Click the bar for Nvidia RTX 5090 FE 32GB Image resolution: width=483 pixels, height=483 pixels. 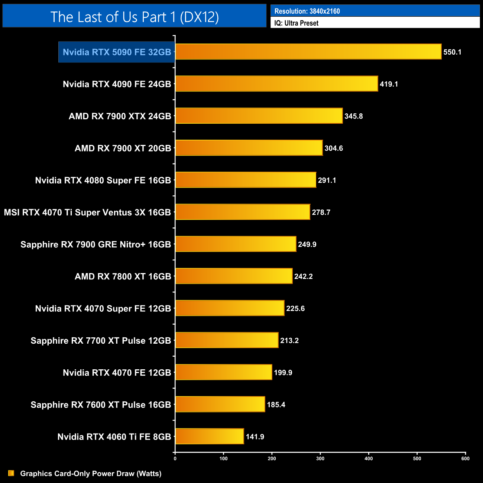pyautogui.click(x=308, y=52)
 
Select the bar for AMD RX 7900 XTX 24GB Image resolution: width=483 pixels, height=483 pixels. pyautogui.click(x=259, y=116)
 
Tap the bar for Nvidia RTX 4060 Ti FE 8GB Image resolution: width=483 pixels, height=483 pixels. pyautogui.click(x=210, y=436)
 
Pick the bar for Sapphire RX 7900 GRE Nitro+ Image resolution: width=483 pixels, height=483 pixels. pyautogui.click(x=236, y=244)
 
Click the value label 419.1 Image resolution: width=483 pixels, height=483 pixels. pyautogui.click(x=389, y=84)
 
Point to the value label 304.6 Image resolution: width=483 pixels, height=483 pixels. pyautogui.click(x=334, y=148)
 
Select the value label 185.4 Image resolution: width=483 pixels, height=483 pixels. pyautogui.click(x=276, y=405)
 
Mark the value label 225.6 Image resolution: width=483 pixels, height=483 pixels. pyautogui.click(x=295, y=308)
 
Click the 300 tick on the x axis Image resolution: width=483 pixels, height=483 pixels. pyautogui.click(x=320, y=458)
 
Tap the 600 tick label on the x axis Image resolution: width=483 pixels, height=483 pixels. pyautogui.click(x=465, y=458)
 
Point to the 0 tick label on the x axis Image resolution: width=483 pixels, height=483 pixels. pyautogui.click(x=175, y=458)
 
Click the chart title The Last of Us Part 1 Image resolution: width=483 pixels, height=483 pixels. pyautogui.click(x=134, y=17)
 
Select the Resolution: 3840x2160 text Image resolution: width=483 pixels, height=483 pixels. pyautogui.click(x=307, y=11)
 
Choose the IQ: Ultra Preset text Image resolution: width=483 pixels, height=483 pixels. pyautogui.click(x=296, y=23)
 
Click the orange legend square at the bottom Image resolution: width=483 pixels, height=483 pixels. pyautogui.click(x=11, y=473)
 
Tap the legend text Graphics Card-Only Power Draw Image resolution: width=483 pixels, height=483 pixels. pyautogui.click(x=91, y=473)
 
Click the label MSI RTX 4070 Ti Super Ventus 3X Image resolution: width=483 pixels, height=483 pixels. pyautogui.click(x=87, y=213)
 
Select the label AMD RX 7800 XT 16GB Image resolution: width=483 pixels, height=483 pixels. pyautogui.click(x=123, y=276)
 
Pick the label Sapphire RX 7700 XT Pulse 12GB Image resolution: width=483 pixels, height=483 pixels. pyautogui.click(x=101, y=341)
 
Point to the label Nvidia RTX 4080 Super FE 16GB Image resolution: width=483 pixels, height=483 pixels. pyautogui.click(x=103, y=181)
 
